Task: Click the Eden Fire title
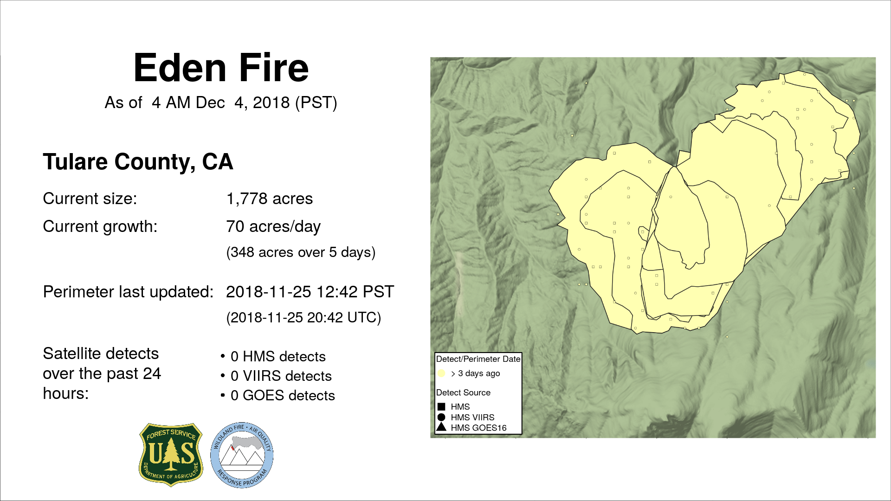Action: click(x=221, y=68)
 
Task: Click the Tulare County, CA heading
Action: click(x=138, y=162)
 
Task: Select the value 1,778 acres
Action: click(x=269, y=199)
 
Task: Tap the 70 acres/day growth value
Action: click(x=273, y=226)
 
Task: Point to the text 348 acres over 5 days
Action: click(x=301, y=252)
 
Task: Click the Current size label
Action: click(x=90, y=199)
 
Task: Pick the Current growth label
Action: click(x=100, y=226)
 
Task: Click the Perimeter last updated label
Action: click(x=128, y=292)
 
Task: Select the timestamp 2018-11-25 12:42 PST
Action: click(x=310, y=292)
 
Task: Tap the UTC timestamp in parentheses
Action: click(x=303, y=318)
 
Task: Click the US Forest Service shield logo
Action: click(x=171, y=455)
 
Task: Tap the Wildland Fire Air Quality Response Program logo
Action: click(x=242, y=455)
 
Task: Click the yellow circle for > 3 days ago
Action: click(x=441, y=373)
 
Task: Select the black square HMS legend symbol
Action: click(x=441, y=407)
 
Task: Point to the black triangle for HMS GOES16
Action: click(x=441, y=427)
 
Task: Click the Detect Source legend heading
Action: click(x=463, y=392)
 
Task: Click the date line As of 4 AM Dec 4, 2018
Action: click(x=221, y=103)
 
